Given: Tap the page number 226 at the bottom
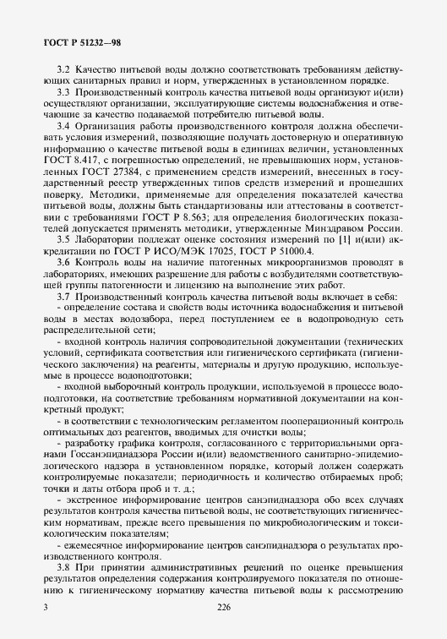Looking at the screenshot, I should point(224,608).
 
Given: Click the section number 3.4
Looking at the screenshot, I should point(61,125).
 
